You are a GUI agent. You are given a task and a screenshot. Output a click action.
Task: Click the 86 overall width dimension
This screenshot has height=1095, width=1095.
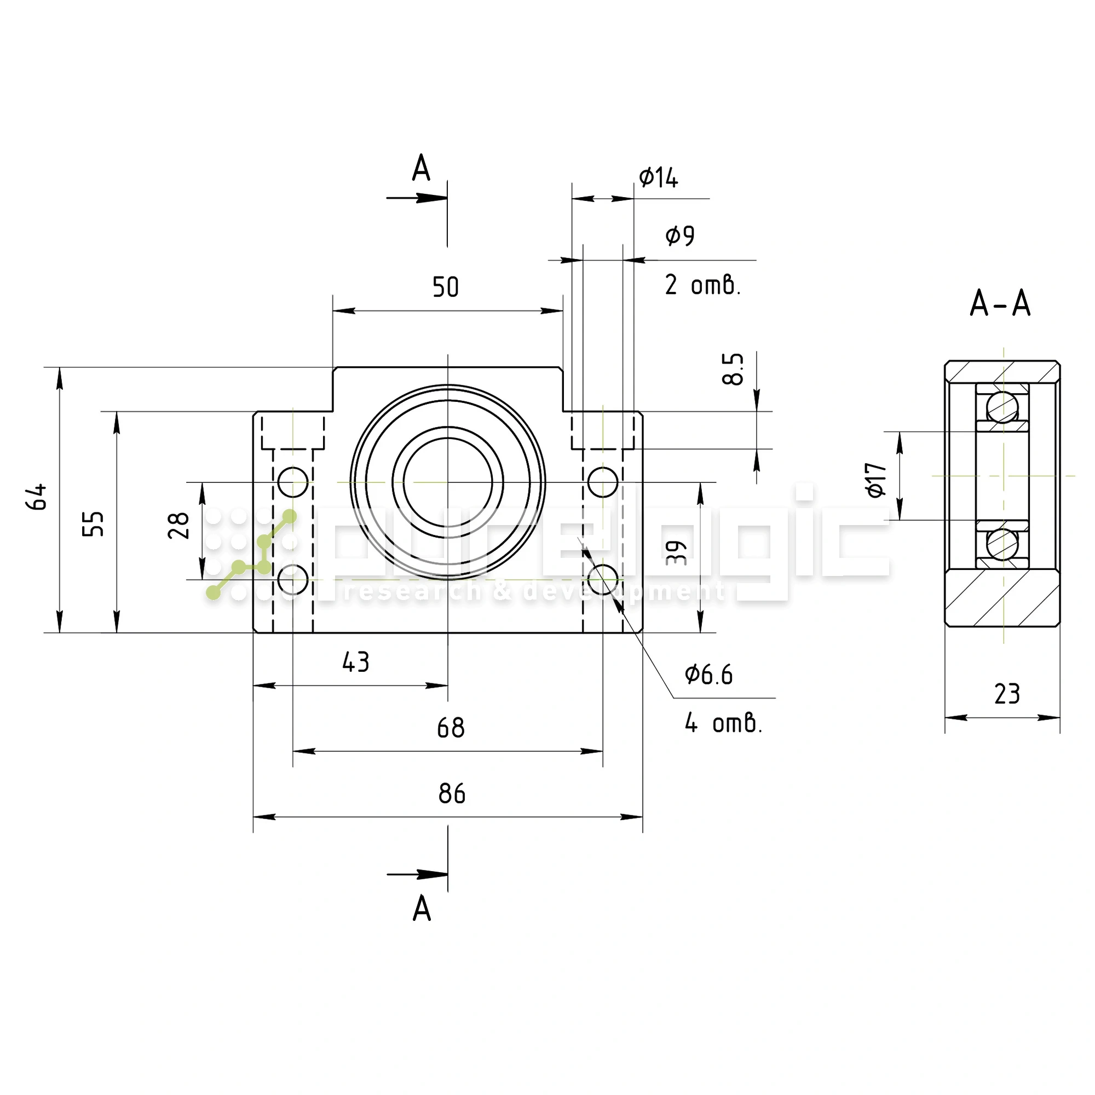[x=451, y=794]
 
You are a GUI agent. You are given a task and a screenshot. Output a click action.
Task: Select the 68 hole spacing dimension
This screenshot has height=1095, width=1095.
[x=451, y=728]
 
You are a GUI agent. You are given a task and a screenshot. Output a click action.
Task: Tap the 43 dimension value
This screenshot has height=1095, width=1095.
[x=356, y=662]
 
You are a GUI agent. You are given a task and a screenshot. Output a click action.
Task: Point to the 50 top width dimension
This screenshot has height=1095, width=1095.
[x=446, y=287]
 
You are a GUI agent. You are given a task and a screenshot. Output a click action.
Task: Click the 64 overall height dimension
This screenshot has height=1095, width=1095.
[x=37, y=497]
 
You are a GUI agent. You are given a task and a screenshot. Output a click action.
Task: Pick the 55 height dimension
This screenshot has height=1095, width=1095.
[x=94, y=523]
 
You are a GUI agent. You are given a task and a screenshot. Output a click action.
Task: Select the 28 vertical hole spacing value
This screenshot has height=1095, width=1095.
[x=178, y=525]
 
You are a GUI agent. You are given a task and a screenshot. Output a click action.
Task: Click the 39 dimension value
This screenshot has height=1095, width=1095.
[x=677, y=552]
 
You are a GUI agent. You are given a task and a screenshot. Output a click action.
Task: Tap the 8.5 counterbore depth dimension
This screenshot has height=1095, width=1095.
[x=733, y=369]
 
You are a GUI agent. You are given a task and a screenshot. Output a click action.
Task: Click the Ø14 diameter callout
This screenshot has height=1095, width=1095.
[x=659, y=178]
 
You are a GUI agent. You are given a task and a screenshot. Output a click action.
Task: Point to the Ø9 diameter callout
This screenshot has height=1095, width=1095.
[x=680, y=235]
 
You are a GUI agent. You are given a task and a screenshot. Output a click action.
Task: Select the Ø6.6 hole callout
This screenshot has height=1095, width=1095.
[x=709, y=675]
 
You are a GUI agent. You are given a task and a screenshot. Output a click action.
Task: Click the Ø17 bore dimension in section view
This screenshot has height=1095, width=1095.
[x=875, y=480]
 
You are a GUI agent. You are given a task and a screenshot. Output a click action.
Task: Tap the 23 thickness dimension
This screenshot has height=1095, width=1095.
[x=1007, y=694]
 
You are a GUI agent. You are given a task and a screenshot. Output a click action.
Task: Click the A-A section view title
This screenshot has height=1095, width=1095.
[x=1000, y=304]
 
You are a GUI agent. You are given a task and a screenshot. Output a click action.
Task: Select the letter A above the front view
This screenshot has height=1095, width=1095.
[x=421, y=168]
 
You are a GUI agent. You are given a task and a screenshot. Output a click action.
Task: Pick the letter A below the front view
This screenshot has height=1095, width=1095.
[x=422, y=909]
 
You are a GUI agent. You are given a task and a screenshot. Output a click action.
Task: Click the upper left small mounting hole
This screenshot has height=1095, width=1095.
[x=293, y=482]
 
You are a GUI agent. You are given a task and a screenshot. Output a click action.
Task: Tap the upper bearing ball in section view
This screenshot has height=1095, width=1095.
[x=1002, y=407]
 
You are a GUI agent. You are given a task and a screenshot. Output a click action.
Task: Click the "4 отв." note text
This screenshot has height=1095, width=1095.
[x=724, y=723]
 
